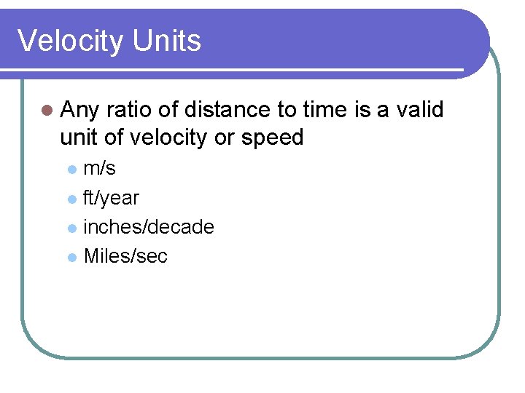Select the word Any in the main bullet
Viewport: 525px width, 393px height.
(x=80, y=111)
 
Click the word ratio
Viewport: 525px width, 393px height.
(x=128, y=111)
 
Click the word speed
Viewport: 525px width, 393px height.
(x=273, y=138)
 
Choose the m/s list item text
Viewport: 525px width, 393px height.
(x=100, y=169)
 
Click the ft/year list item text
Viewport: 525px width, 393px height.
(x=112, y=198)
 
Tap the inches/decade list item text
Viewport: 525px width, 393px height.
(x=149, y=227)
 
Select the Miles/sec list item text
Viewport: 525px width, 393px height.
(x=125, y=256)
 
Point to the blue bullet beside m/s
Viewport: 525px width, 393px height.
(x=71, y=170)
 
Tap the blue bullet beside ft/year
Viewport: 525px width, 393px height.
(x=71, y=199)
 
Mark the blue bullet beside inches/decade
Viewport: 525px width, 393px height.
(x=71, y=228)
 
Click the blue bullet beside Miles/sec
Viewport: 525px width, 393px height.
(x=71, y=257)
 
